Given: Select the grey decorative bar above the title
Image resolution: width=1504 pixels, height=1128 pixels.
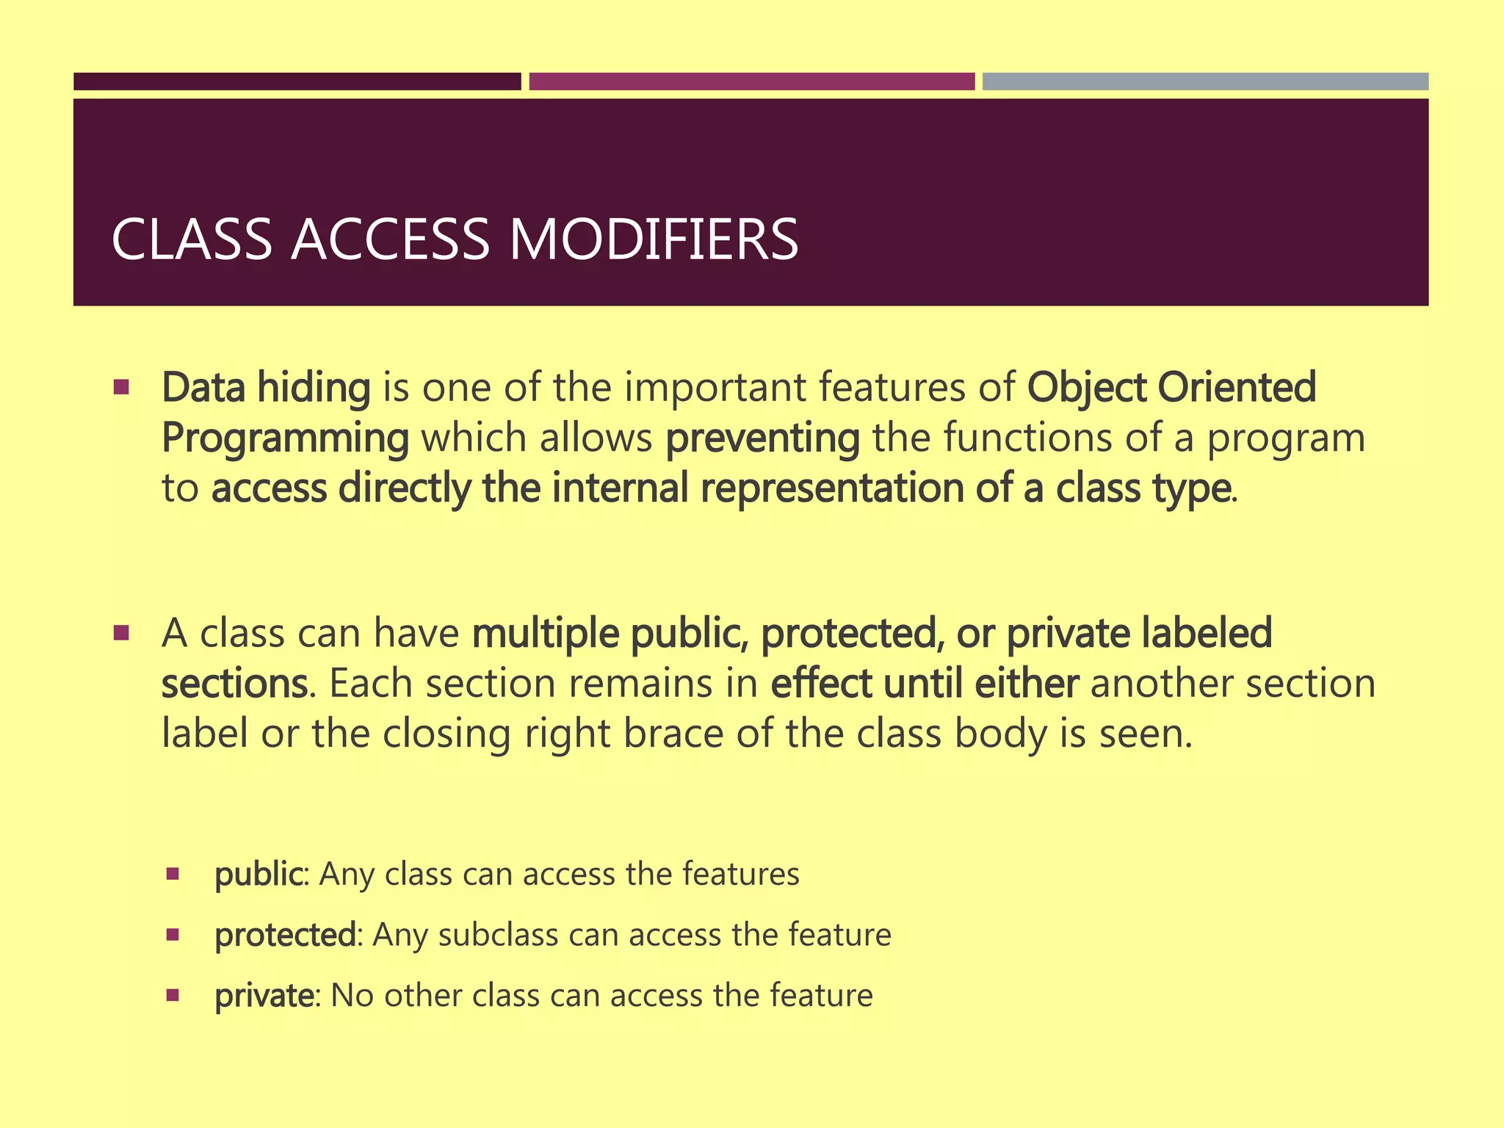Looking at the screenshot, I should pyautogui.click(x=1205, y=82).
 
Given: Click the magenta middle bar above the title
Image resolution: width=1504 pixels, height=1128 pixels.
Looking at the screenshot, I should pyautogui.click(x=751, y=82).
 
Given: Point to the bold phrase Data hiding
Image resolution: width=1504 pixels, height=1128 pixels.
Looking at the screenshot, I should pyautogui.click(x=266, y=388).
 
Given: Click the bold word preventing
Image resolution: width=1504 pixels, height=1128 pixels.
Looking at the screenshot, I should pyautogui.click(x=762, y=438).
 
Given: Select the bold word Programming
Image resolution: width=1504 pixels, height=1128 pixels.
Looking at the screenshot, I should pyautogui.click(x=285, y=438).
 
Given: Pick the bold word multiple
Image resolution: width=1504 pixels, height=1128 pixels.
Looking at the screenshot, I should pyautogui.click(x=546, y=633).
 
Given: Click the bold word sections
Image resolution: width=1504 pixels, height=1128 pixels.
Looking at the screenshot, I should pyautogui.click(x=234, y=683).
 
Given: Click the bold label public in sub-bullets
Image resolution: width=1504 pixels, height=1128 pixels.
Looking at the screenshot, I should pyautogui.click(x=258, y=874).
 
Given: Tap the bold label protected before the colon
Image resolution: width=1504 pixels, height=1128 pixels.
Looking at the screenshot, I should pyautogui.click(x=285, y=935).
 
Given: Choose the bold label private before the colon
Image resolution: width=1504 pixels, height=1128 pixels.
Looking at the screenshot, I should pyautogui.click(x=264, y=996).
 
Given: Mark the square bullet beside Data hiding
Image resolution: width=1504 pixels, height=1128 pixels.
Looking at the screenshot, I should pyautogui.click(x=122, y=386).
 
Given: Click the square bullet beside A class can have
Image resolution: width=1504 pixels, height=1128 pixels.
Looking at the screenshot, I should pyautogui.click(x=122, y=632).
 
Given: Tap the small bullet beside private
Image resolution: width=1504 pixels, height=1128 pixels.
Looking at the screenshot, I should pyautogui.click(x=173, y=996).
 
